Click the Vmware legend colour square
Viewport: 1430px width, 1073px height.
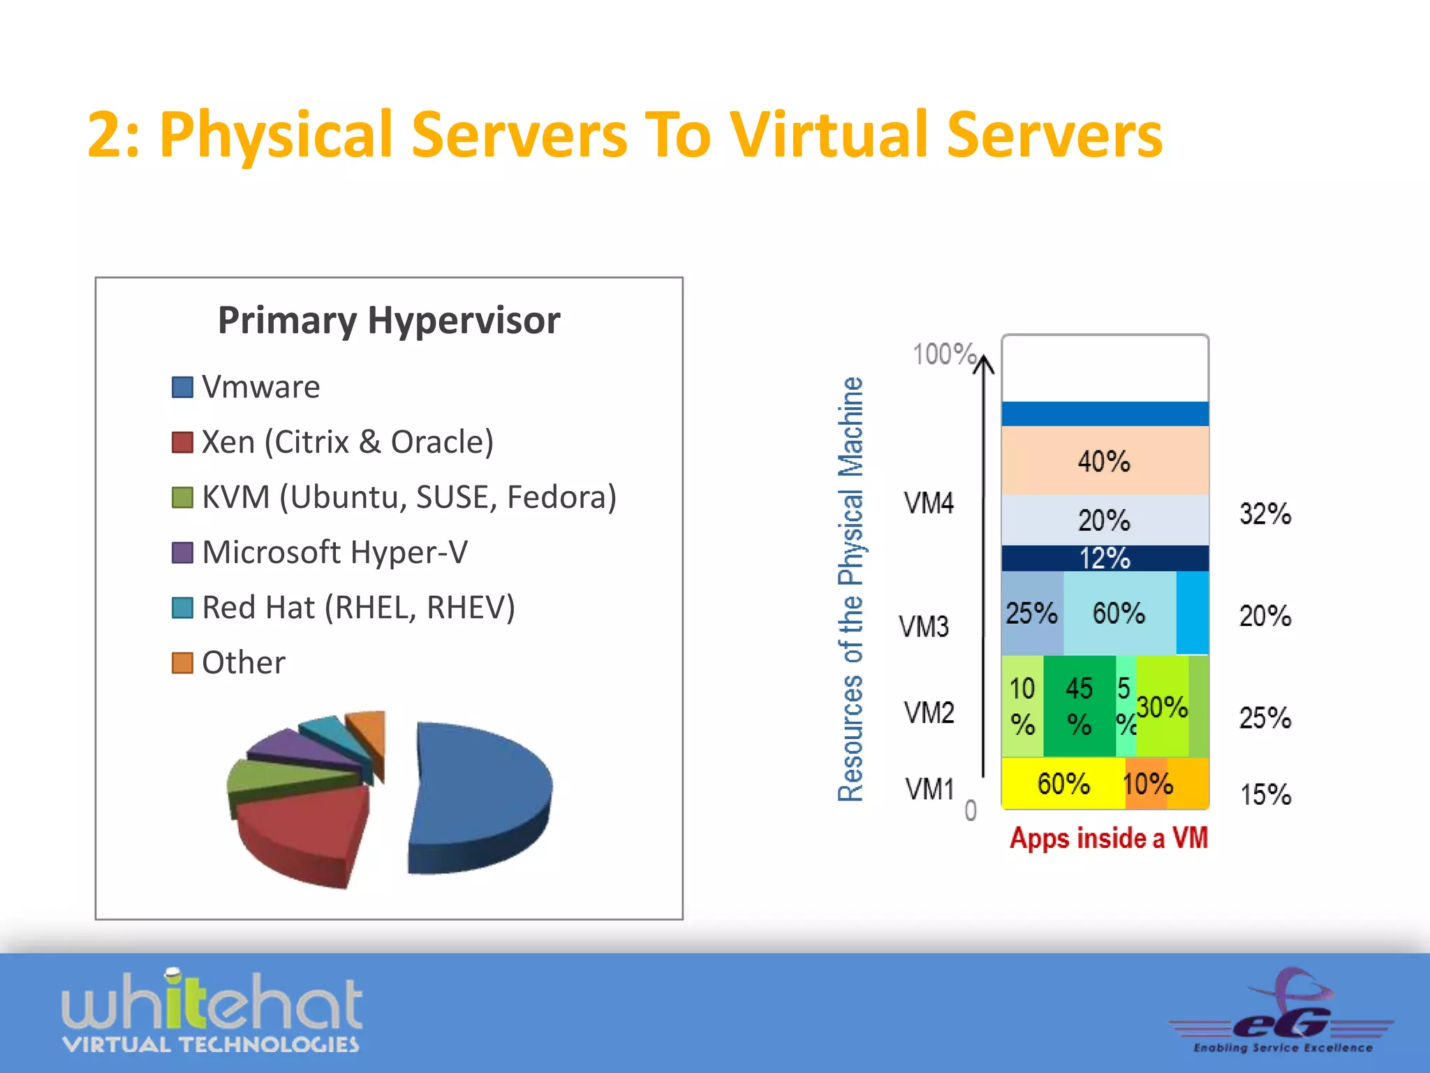[x=182, y=387]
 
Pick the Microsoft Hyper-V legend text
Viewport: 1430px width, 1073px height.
[x=334, y=553]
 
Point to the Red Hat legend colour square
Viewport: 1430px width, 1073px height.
[x=182, y=608]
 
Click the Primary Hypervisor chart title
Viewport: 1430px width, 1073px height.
[x=389, y=321]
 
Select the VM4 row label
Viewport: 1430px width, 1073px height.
[x=929, y=503]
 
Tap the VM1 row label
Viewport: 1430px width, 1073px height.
[x=929, y=789]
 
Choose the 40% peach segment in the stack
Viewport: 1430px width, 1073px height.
[x=1105, y=461]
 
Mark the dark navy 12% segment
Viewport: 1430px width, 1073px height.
[x=1105, y=558]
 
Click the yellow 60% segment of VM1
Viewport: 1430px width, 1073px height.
[x=1063, y=784]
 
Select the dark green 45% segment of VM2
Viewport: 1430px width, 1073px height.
[x=1079, y=706]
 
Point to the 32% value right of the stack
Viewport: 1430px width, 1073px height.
[x=1265, y=514]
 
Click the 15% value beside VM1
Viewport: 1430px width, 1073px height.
[x=1265, y=795]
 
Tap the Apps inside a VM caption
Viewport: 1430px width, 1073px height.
[x=1109, y=838]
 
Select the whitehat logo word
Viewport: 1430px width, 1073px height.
[x=212, y=1001]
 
